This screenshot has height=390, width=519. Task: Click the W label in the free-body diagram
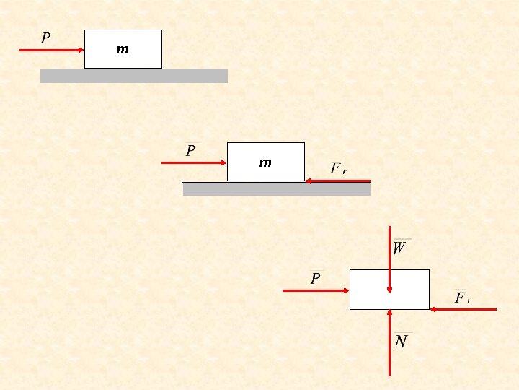tap(400, 248)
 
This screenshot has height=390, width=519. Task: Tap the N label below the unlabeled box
tap(402, 341)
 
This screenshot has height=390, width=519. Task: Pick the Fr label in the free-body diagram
tap(463, 298)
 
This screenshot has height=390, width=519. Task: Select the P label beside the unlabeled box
tap(315, 279)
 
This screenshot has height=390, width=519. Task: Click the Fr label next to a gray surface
tap(338, 169)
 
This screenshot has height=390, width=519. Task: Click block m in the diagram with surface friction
tap(265, 162)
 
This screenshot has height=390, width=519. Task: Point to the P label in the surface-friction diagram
tap(190, 151)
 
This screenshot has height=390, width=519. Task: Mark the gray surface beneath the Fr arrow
tap(276, 189)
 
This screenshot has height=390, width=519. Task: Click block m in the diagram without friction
tap(123, 49)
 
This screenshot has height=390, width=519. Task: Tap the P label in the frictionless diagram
tap(46, 38)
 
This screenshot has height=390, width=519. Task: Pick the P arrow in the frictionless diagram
tap(51, 50)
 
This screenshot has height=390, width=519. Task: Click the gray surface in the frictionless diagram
tap(133, 76)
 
